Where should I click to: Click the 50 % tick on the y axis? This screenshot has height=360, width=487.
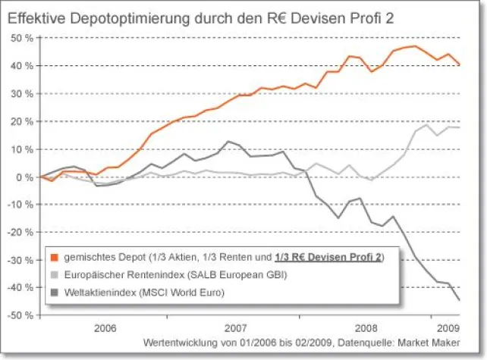pyautogui.click(x=20, y=38)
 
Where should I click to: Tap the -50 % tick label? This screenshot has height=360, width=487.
pyautogui.click(x=19, y=315)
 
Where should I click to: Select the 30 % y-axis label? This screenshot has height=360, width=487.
pyautogui.click(x=20, y=93)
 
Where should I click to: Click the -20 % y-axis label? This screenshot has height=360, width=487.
pyautogui.click(x=19, y=232)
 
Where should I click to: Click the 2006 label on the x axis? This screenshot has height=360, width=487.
pyautogui.click(x=105, y=329)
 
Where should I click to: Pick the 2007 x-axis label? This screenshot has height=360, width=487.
pyautogui.click(x=235, y=329)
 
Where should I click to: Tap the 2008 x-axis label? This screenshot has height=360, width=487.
pyautogui.click(x=366, y=329)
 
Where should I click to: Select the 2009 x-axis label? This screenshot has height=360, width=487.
pyautogui.click(x=446, y=329)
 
